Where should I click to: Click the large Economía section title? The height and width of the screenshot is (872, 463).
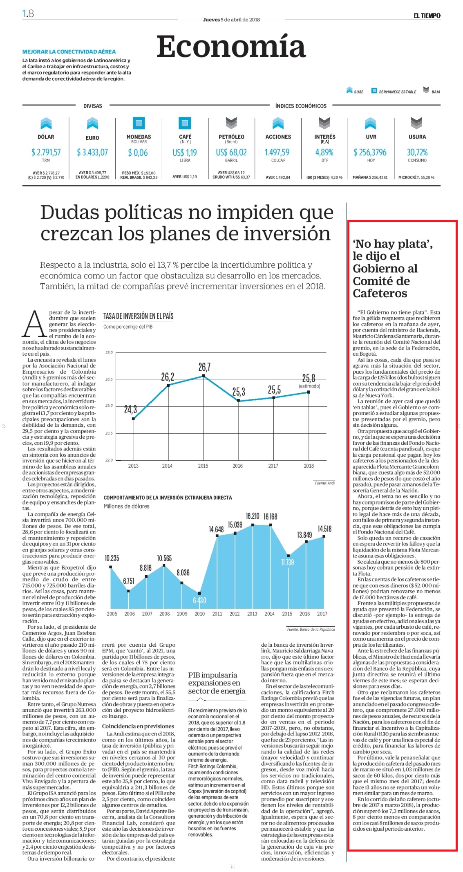tap(231, 47)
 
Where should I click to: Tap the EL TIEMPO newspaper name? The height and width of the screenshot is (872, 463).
tap(427, 16)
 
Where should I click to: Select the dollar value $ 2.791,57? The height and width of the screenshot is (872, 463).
tap(46, 152)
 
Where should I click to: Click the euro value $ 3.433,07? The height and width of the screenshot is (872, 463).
tap(92, 152)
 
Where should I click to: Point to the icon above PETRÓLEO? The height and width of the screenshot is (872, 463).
tap(231, 123)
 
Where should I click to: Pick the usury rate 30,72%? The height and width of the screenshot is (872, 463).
tap(417, 152)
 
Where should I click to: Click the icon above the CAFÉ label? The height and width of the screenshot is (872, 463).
tap(185, 123)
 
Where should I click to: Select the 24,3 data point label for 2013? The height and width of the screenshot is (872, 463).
tap(130, 409)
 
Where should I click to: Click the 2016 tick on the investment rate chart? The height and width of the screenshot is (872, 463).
tap(237, 466)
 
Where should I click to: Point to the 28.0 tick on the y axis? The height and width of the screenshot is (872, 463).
tap(109, 352)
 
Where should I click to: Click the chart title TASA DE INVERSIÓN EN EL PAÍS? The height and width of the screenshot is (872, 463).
tap(138, 316)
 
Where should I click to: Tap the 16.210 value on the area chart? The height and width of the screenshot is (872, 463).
tap(253, 516)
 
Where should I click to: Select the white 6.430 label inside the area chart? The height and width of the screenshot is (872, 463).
tap(199, 600)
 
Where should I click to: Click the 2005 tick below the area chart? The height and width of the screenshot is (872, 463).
tap(112, 614)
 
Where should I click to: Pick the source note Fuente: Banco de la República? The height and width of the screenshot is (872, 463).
tap(311, 630)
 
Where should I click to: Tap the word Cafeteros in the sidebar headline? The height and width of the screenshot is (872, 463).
tap(380, 294)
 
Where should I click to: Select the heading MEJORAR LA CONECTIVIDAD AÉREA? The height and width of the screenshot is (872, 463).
tap(69, 52)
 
